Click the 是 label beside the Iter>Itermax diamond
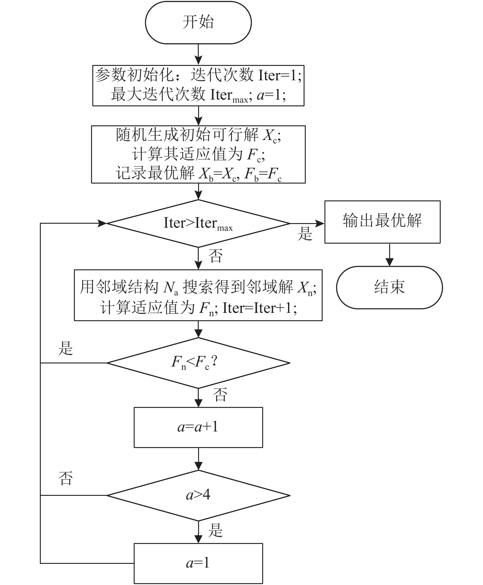(305, 234)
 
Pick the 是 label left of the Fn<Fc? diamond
(66, 348)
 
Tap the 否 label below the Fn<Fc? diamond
(220, 395)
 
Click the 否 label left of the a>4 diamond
(66, 479)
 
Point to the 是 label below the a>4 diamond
(216, 530)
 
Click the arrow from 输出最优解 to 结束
(389, 255)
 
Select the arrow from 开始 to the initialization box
(199, 55)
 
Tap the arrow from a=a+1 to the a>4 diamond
(199, 459)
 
